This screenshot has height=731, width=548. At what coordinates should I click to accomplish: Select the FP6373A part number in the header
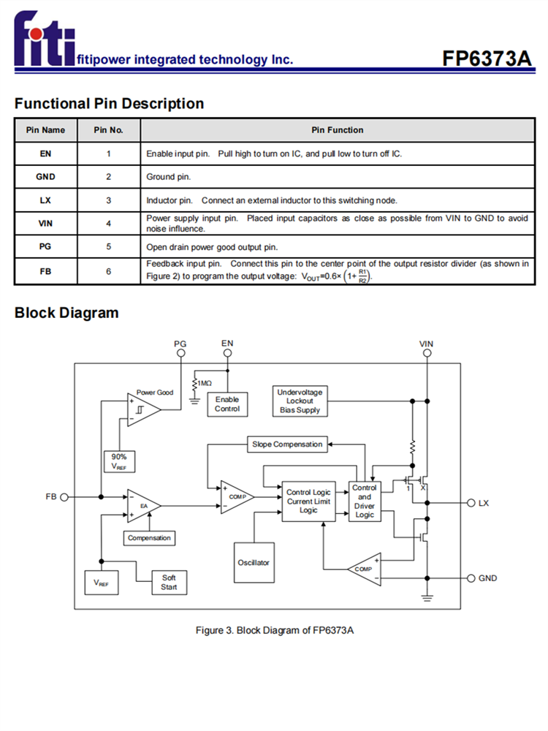click(x=487, y=58)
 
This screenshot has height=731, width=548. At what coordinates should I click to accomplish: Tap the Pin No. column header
click(x=108, y=130)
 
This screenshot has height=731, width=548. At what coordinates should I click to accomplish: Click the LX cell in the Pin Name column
click(x=45, y=200)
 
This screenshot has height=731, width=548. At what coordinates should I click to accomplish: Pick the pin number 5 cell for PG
click(x=108, y=246)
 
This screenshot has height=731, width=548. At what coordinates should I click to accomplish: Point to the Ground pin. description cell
click(x=336, y=176)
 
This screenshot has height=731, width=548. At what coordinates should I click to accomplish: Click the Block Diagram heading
click(x=66, y=313)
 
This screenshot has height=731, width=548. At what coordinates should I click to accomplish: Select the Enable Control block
click(x=227, y=404)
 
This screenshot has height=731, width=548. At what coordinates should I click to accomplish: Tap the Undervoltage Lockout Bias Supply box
click(x=300, y=401)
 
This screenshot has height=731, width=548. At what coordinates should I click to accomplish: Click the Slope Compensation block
click(x=287, y=444)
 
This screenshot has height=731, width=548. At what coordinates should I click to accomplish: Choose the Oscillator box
click(x=254, y=563)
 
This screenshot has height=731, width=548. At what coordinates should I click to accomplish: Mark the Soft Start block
click(x=169, y=582)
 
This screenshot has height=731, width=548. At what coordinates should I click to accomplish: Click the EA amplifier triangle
click(x=142, y=504)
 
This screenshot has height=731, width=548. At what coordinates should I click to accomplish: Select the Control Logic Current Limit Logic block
click(x=308, y=501)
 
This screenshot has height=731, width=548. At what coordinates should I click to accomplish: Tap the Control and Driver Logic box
click(x=364, y=501)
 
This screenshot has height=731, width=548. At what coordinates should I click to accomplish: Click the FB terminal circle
click(x=64, y=497)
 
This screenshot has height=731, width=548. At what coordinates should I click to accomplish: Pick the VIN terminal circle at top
click(x=427, y=353)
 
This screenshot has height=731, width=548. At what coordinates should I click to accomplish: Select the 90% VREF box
click(x=118, y=461)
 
